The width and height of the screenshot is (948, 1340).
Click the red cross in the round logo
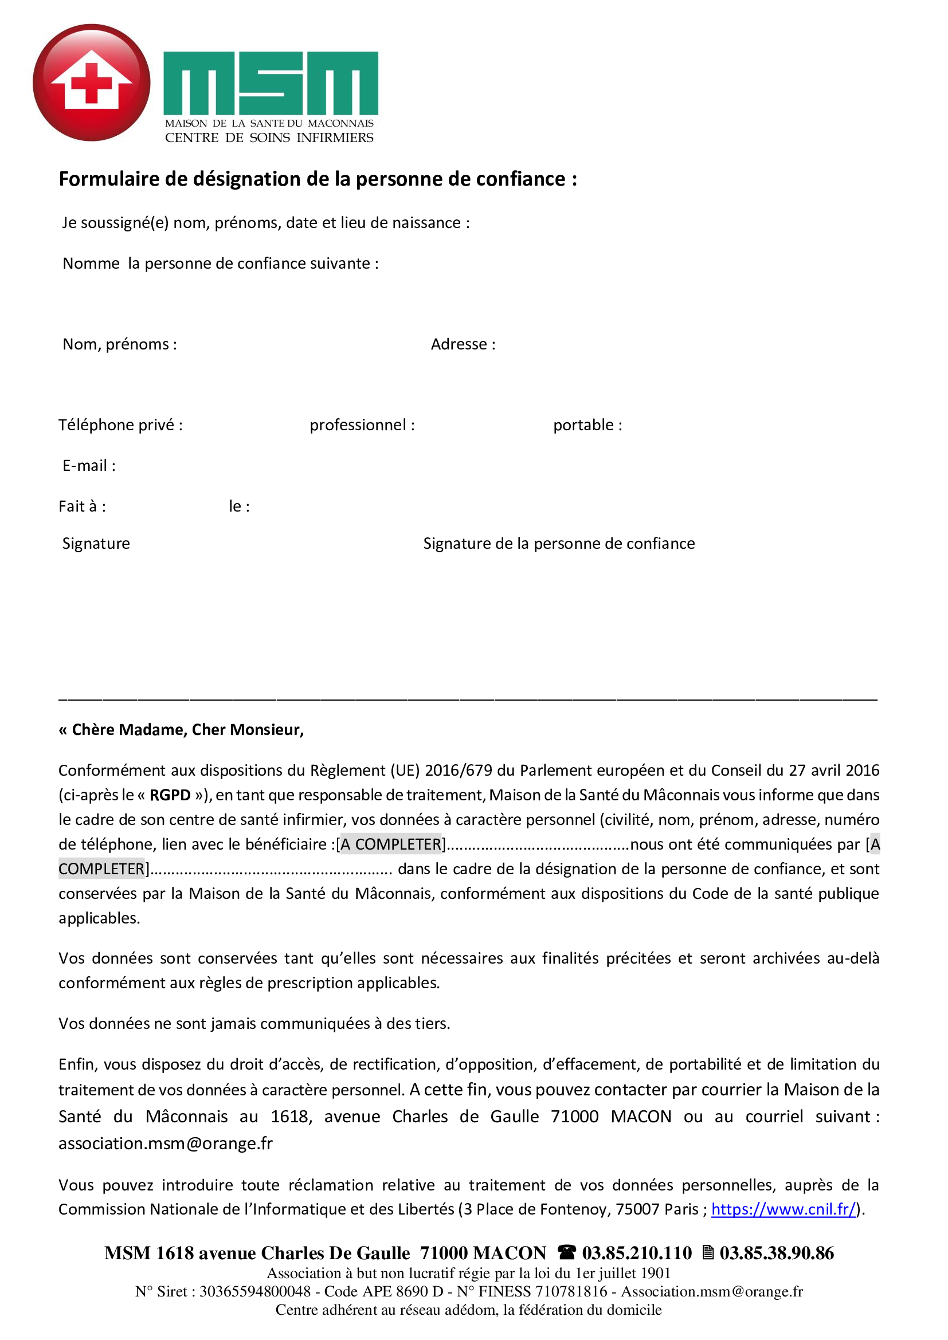click(91, 83)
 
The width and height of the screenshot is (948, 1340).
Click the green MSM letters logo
click(271, 83)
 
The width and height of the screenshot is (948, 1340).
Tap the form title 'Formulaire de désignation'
click(318, 179)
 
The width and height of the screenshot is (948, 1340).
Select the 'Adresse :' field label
click(463, 344)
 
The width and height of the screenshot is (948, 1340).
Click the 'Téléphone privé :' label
click(120, 425)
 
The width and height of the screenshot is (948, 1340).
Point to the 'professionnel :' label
click(362, 425)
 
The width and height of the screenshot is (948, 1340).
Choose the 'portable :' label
click(587, 425)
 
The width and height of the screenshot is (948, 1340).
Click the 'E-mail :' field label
click(89, 466)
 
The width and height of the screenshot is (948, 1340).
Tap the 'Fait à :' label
click(83, 506)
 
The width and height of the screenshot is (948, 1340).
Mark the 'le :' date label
click(239, 506)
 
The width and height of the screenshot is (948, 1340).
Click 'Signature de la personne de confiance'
click(559, 543)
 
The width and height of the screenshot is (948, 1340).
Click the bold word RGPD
click(170, 795)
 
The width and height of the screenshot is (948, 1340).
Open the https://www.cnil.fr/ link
click(784, 1209)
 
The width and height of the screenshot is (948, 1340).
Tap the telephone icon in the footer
click(566, 1252)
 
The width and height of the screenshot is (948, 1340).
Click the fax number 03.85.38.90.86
click(777, 1253)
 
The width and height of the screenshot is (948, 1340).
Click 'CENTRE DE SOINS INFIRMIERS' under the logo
click(269, 137)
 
